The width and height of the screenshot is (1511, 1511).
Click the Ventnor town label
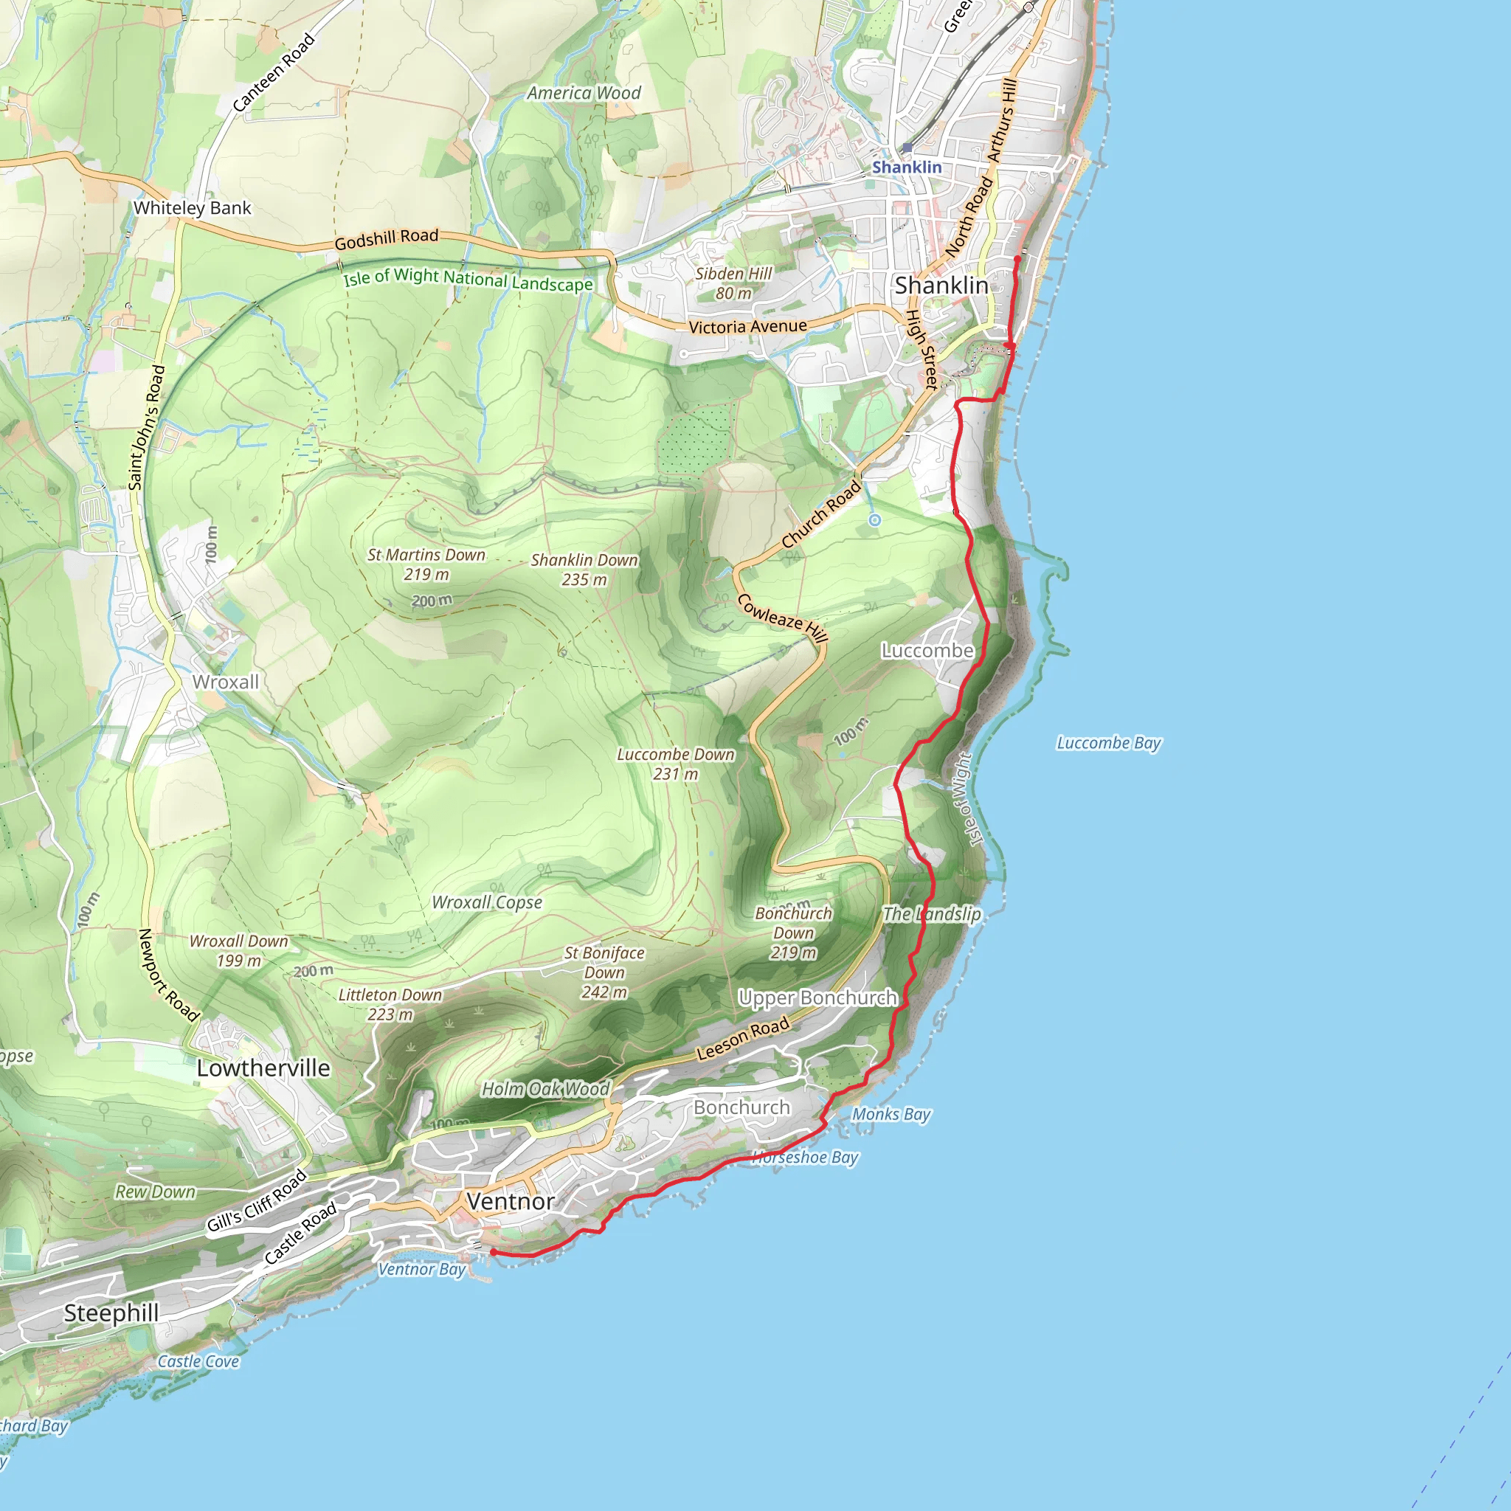[511, 1201]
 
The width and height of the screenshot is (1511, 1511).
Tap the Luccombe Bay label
[1108, 743]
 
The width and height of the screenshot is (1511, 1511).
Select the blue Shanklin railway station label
[907, 167]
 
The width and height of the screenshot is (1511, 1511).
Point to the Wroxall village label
[225, 682]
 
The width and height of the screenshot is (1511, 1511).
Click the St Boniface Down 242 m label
[604, 972]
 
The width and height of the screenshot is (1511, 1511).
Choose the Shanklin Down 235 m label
[584, 570]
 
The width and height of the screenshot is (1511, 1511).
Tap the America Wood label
[584, 93]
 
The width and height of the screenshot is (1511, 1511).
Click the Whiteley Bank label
[193, 208]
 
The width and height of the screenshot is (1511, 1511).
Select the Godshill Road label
[387, 239]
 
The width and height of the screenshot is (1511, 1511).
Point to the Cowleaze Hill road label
[782, 618]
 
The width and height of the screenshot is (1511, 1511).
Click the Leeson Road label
[742, 1039]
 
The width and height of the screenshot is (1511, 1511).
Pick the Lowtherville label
[263, 1068]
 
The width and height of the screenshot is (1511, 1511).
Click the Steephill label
[111, 1313]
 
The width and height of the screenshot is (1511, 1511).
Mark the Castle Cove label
[198, 1362]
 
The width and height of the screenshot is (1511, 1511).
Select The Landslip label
[932, 913]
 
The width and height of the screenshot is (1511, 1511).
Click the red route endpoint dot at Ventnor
[494, 1252]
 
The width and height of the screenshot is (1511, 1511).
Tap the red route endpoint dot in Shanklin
[1017, 259]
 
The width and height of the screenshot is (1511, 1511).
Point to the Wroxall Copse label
[486, 902]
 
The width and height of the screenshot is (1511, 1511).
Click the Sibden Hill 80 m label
[733, 283]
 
